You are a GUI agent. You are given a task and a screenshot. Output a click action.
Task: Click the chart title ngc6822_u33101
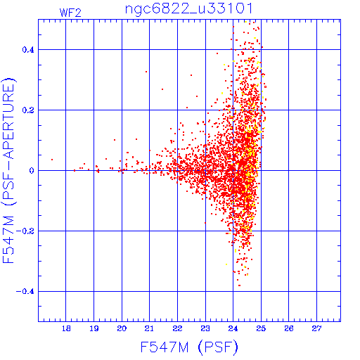point(189,9)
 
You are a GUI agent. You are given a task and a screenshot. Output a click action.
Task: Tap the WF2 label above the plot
point(70,13)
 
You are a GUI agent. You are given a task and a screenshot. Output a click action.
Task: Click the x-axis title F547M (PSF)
point(189,347)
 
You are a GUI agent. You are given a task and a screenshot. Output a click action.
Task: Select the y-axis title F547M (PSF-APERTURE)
point(9,170)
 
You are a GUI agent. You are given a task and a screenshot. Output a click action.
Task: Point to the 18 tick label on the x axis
point(66,328)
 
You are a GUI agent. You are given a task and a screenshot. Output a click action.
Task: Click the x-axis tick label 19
point(94,328)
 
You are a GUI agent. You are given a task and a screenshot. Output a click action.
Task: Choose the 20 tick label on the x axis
point(122,328)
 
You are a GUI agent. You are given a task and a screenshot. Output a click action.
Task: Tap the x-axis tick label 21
point(149,328)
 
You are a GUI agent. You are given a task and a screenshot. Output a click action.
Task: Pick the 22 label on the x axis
point(177,328)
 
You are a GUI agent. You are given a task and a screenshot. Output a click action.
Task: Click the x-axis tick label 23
point(205,328)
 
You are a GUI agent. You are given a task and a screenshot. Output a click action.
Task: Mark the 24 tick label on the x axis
point(233,328)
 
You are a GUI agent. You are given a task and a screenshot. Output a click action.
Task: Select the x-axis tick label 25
point(261,328)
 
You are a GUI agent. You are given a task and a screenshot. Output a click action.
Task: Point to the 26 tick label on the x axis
point(289,328)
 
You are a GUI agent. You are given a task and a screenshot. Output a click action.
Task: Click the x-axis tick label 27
point(316,328)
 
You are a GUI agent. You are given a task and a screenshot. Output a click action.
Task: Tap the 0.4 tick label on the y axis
point(28,50)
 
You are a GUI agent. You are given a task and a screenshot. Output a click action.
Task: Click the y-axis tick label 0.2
point(28,110)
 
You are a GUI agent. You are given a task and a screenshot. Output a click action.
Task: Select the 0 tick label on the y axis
point(32,171)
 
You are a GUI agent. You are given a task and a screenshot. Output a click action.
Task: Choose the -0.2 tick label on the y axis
point(25,231)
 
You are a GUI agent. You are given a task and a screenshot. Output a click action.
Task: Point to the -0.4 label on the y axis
point(25,292)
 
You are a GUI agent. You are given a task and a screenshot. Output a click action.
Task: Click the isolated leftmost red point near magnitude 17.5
point(52,160)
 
